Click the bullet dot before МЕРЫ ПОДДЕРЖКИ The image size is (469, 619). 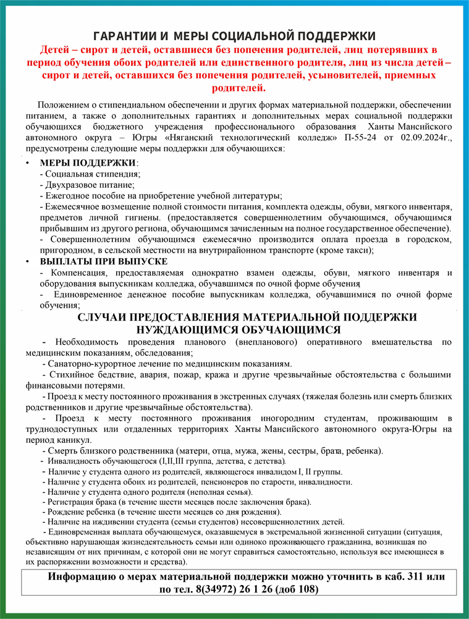point(27,162)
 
